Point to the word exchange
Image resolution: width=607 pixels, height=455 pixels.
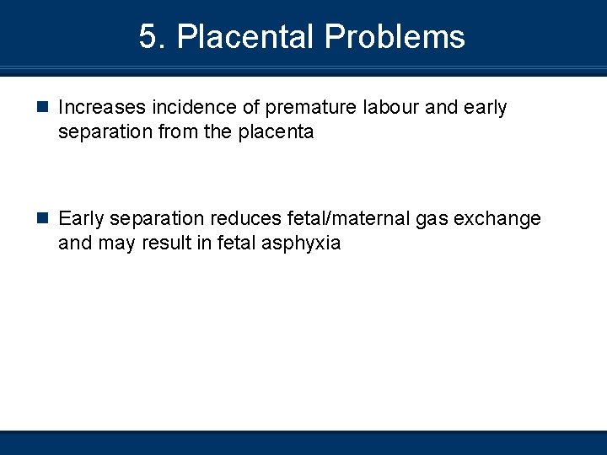click(498, 219)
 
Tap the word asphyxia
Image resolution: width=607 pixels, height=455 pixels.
click(305, 244)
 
